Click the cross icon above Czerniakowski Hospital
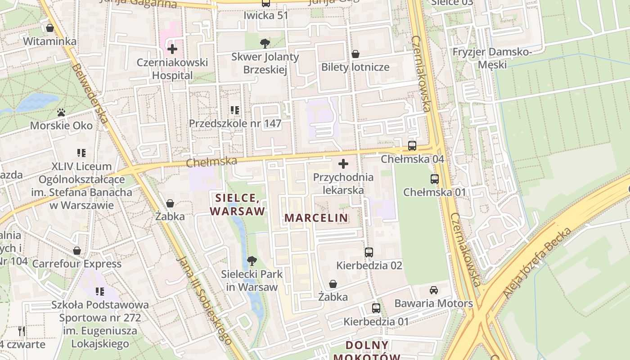tap(172, 49)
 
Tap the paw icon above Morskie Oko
tap(61, 112)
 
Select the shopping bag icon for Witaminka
tap(50, 28)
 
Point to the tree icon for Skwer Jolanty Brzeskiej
tap(265, 44)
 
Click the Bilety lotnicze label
tap(355, 67)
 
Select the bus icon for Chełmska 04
tap(412, 146)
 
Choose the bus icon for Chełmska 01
tap(434, 179)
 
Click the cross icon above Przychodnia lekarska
tap(343, 164)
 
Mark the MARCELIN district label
tap(316, 218)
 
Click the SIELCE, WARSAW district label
tap(237, 204)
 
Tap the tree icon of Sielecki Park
tap(252, 261)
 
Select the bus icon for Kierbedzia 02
tap(369, 252)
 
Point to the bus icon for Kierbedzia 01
tap(376, 308)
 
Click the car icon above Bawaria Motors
tap(433, 290)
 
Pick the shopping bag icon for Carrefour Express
tap(77, 251)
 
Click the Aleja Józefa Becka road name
tap(537, 263)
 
